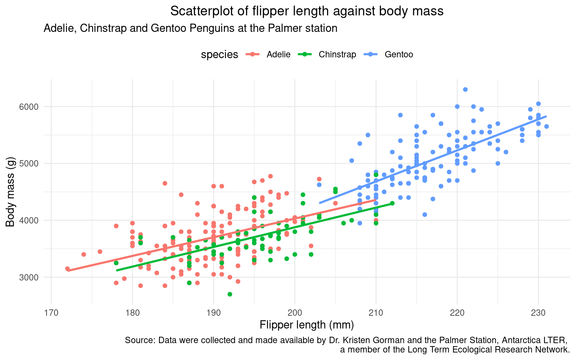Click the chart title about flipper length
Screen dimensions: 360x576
tap(307, 11)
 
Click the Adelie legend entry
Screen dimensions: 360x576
tap(278, 54)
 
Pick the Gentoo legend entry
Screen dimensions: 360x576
tap(399, 54)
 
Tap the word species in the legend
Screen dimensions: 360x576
tap(219, 55)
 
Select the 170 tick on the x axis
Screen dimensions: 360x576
tap(51, 312)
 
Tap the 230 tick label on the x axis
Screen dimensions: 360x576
tap(538, 312)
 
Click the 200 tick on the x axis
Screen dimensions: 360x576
tap(295, 312)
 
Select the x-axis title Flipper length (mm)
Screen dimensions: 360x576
tap(307, 325)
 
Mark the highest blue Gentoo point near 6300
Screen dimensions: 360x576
tap(465, 89)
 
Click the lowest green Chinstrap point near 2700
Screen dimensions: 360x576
tap(230, 294)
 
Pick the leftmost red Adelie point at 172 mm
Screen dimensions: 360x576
tap(67, 268)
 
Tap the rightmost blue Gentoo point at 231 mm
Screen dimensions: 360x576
tap(546, 126)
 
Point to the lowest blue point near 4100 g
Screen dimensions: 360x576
tap(424, 214)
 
